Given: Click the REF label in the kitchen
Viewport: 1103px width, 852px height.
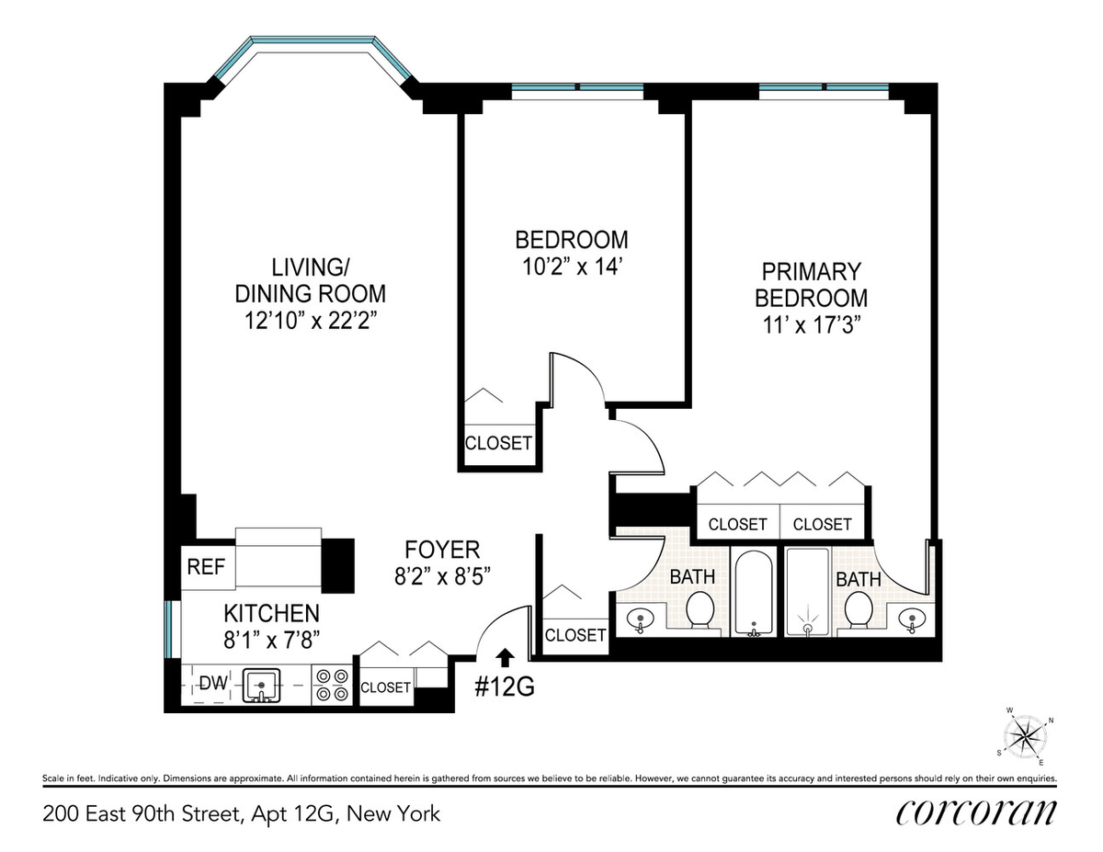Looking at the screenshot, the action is pyautogui.click(x=206, y=567).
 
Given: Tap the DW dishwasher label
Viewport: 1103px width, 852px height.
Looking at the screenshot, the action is pyautogui.click(x=213, y=683).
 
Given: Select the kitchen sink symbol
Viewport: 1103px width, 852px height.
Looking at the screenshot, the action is pyautogui.click(x=261, y=686).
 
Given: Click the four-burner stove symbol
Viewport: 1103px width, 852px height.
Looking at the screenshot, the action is pyautogui.click(x=332, y=685).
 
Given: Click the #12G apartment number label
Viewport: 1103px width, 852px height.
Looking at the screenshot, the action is pyautogui.click(x=504, y=687).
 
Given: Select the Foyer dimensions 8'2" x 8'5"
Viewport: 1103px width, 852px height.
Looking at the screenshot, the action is pyautogui.click(x=442, y=576).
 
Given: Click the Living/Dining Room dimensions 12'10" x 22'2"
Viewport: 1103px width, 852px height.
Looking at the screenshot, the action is pyautogui.click(x=310, y=321).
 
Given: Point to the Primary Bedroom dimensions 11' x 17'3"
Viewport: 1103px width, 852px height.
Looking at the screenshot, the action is pyautogui.click(x=811, y=324).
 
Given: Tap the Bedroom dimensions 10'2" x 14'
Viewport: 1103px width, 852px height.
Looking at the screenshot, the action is pyautogui.click(x=572, y=267).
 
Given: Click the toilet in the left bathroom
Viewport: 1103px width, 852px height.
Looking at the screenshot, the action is pyautogui.click(x=701, y=608).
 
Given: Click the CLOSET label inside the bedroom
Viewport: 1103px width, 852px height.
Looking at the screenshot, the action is pyautogui.click(x=498, y=443).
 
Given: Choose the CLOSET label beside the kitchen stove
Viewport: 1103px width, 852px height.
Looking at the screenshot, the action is pyautogui.click(x=385, y=687).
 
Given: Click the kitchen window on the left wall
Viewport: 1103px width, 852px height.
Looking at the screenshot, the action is pyautogui.click(x=169, y=630).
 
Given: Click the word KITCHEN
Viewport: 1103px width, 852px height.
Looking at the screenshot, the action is pyautogui.click(x=271, y=614).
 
